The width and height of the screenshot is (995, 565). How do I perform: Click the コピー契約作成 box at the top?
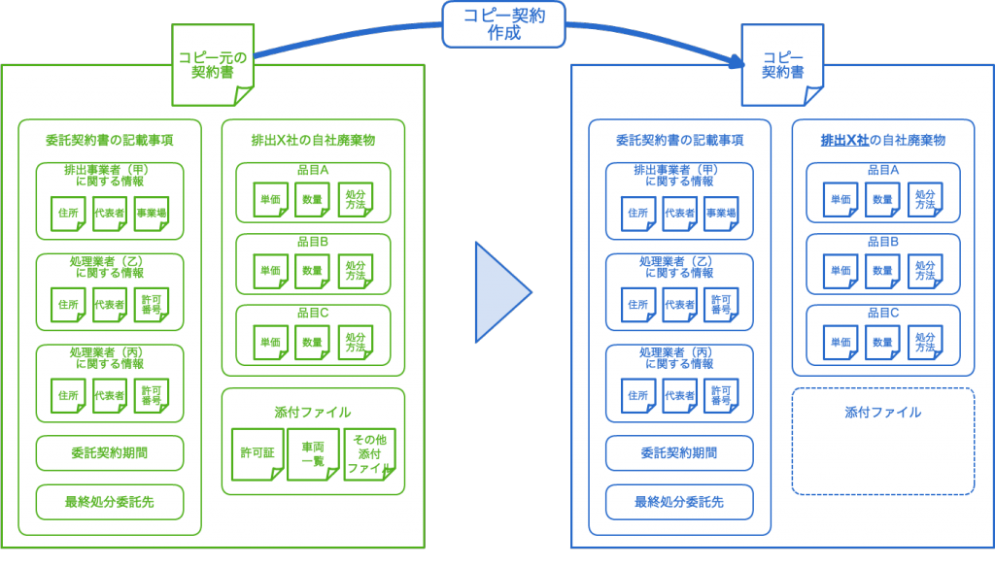coord(503,23)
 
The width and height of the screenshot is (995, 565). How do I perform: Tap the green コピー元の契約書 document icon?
coord(213,65)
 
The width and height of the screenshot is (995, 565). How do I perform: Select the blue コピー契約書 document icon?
coord(782,65)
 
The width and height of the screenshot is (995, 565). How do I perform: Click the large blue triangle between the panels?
coord(499,292)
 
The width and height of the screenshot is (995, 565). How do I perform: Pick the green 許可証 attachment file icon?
coord(257,453)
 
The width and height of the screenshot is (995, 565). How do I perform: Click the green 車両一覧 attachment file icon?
coord(313,453)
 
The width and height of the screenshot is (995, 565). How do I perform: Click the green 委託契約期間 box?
coord(110,452)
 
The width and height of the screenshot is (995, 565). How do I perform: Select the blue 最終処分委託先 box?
coord(679,502)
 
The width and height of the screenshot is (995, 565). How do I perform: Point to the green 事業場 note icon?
coord(151,214)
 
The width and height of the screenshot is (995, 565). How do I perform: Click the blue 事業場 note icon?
coord(720,214)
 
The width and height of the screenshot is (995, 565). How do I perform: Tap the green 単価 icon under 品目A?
coord(270,200)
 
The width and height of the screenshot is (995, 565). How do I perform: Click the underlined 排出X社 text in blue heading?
coord(844,140)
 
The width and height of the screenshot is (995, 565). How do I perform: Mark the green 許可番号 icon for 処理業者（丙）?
coord(151,395)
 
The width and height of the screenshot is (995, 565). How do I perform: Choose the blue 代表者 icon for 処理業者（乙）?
coord(679,305)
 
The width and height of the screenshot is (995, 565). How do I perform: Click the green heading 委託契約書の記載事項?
coord(110,140)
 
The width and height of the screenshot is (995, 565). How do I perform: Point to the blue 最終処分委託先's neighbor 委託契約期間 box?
coord(679,452)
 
